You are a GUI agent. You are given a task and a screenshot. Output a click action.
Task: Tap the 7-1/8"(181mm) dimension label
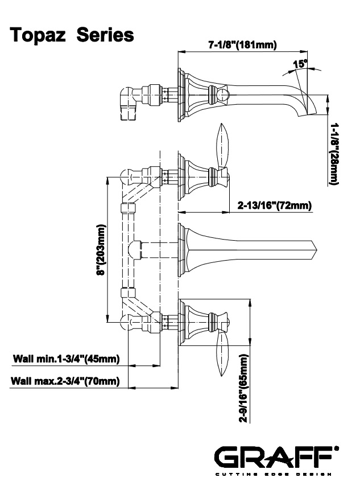click(x=243, y=46)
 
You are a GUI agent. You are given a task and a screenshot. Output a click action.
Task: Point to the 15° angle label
click(x=300, y=64)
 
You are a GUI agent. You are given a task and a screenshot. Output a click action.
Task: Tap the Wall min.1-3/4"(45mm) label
click(x=66, y=359)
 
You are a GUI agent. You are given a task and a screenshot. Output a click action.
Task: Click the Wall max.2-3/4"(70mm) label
click(x=66, y=381)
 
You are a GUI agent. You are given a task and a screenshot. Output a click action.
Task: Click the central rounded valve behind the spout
click(x=135, y=249)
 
